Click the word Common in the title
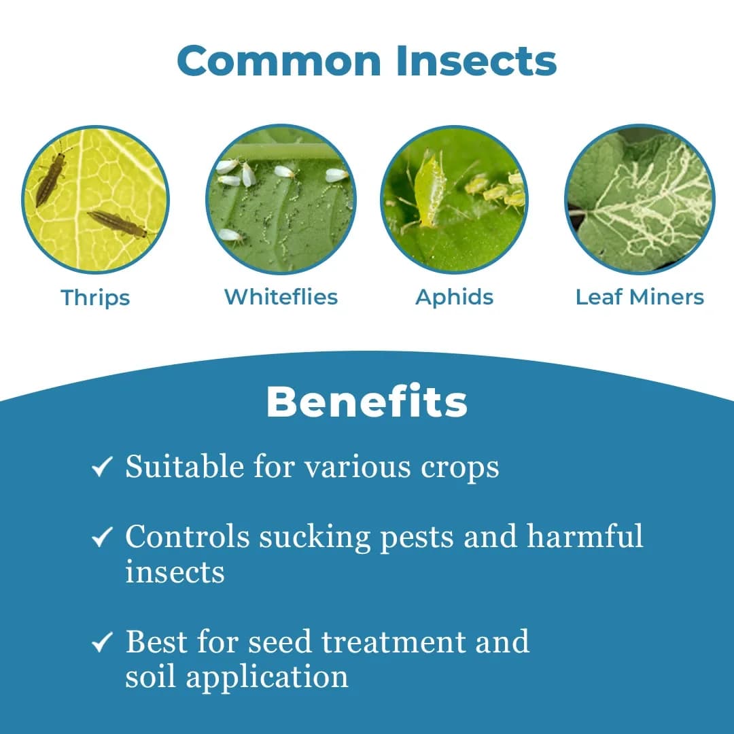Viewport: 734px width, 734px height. (279, 61)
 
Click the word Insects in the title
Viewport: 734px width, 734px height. (476, 61)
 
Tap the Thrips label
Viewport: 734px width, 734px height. (95, 298)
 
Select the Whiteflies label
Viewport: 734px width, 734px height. (281, 297)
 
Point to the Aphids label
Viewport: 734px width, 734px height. (454, 297)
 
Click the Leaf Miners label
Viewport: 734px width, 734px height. (640, 297)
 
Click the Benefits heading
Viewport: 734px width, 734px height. (366, 402)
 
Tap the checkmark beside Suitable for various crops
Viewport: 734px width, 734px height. (102, 468)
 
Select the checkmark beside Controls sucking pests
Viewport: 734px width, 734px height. (102, 538)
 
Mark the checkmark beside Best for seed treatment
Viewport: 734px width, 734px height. (102, 642)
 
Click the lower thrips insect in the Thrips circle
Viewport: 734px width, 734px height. (118, 224)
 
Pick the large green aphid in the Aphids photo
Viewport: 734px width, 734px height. (428, 190)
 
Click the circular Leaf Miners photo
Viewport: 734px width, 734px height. (640, 199)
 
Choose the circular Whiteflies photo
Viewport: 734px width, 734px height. (281, 199)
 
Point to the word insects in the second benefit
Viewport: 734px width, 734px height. (175, 572)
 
